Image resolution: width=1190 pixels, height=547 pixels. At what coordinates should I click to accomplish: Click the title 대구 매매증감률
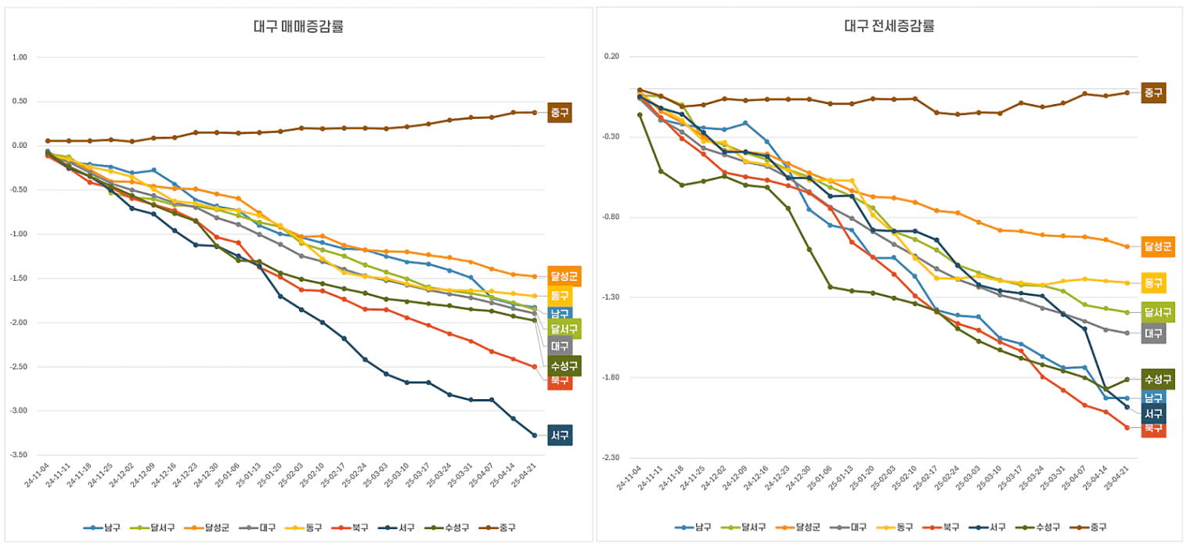(298, 27)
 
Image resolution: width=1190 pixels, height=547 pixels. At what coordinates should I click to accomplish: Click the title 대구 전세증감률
(889, 26)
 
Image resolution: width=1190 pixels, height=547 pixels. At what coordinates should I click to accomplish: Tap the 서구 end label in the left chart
(560, 435)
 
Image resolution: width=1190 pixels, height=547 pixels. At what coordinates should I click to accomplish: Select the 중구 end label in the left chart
(559, 113)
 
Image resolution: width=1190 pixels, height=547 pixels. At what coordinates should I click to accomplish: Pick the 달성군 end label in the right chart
(1158, 247)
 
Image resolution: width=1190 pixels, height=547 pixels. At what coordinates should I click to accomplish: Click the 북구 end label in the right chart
(1153, 428)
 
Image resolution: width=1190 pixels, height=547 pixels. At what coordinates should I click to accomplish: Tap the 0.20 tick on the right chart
(611, 56)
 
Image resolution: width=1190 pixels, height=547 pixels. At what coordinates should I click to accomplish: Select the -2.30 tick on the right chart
(610, 458)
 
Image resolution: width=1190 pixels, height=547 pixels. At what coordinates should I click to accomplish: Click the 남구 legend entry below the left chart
(103, 527)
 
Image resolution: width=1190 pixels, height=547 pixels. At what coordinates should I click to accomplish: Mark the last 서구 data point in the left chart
(535, 435)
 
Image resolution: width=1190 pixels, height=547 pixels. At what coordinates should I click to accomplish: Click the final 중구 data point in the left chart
(535, 113)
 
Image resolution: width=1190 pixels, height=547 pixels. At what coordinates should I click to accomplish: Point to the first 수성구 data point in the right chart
(640, 115)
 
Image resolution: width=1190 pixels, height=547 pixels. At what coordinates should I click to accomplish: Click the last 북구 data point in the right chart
(1127, 428)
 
